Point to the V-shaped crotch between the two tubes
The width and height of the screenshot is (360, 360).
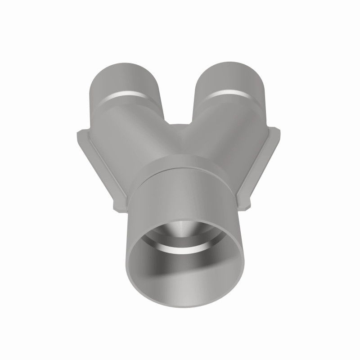click(x=180, y=127)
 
